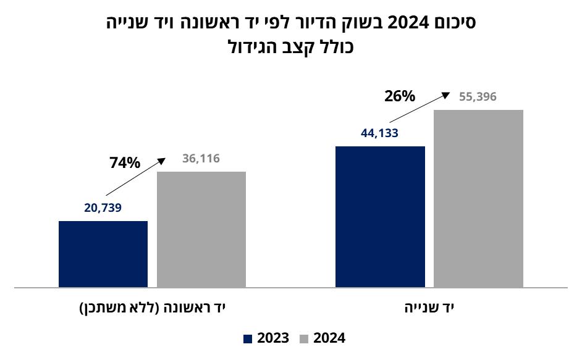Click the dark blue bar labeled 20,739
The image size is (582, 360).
pos(103,254)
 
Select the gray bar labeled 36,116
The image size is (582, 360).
pos(201,229)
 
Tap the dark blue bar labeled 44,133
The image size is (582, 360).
pos(380,217)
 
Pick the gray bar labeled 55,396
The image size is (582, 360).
pos(478,198)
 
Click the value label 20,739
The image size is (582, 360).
pos(103,208)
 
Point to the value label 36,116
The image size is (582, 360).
pos(201,159)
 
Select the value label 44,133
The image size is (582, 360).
pos(379,133)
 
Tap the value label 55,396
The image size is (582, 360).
pos(478,97)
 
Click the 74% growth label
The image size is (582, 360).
pos(125,163)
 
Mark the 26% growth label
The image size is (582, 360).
pos(400,96)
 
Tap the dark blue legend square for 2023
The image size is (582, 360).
pos(248,338)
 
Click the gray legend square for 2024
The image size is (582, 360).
pos(304,338)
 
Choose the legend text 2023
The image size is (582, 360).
pos(273,338)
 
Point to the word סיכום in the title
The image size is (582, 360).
pos(453,23)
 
